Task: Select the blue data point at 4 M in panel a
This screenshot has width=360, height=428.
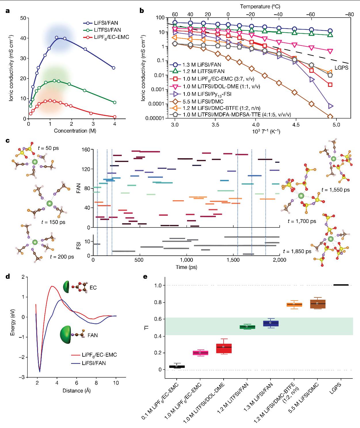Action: coord(113,68)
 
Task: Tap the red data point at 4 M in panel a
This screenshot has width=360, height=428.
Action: coord(115,117)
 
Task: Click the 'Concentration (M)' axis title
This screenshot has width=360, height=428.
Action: coord(75,131)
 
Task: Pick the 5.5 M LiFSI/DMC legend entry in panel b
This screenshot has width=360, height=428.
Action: coord(199,101)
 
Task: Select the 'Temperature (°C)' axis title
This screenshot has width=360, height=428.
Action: coord(260,6)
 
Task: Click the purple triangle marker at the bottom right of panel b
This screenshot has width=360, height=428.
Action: coord(330,106)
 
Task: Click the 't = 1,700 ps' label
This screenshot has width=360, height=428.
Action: coord(302,221)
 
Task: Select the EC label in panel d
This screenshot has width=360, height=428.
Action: coord(93,287)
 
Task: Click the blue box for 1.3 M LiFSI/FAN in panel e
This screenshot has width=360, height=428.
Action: coord(270,323)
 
